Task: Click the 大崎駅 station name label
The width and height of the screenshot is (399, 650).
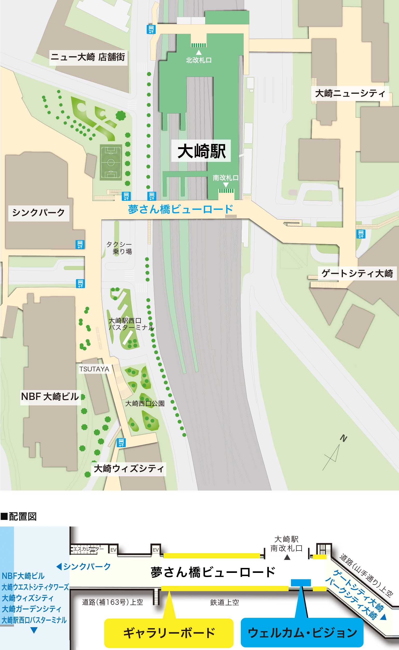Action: pos(201,151)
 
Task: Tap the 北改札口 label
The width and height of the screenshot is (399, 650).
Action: pos(199,60)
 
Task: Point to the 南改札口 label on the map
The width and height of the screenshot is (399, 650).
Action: pos(226,178)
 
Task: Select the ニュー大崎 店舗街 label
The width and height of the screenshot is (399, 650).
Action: pos(88,57)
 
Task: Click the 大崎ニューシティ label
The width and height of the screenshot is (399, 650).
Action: pos(350,93)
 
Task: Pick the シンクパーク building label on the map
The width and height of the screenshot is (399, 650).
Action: pos(38,212)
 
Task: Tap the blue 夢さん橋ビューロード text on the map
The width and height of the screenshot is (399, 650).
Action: pos(181,209)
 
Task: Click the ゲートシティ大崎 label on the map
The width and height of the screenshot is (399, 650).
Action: pos(357,273)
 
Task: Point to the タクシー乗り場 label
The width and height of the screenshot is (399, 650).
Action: pos(119,248)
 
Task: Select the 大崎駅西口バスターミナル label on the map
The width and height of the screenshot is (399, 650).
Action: pos(131,324)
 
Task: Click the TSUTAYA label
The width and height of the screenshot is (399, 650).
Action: pos(94,369)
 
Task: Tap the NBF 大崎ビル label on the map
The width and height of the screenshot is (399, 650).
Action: pos(50,397)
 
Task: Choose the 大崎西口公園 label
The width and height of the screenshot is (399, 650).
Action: pos(145,403)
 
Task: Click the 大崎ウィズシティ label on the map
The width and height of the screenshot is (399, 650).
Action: pos(129,469)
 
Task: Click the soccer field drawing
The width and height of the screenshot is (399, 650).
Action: pos(111,162)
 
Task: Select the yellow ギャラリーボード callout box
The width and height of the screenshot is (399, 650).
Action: pos(169,633)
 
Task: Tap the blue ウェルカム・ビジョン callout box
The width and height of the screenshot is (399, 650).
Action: pos(302,633)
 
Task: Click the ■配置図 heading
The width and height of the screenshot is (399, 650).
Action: pos(18,517)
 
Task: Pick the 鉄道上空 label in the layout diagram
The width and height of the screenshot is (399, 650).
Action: pos(225,602)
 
